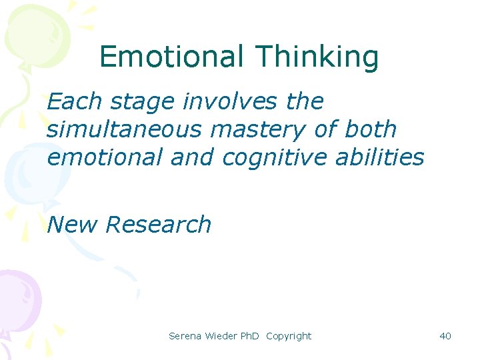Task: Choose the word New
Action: (x=73, y=225)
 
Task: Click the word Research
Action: (x=158, y=225)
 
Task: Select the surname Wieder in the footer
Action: (x=221, y=336)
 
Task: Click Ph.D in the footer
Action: (x=251, y=336)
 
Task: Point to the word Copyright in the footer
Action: (x=289, y=336)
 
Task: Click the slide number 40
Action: (x=445, y=336)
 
